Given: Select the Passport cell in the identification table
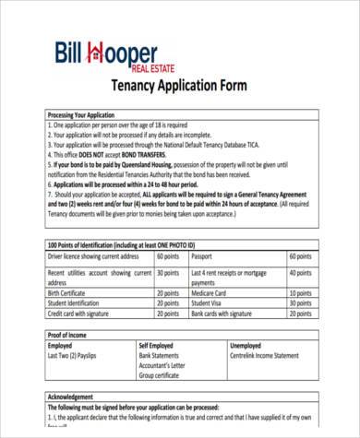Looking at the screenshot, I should click(202, 255).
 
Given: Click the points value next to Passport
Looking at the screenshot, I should click(299, 255).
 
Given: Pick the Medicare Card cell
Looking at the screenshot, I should click(211, 291).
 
